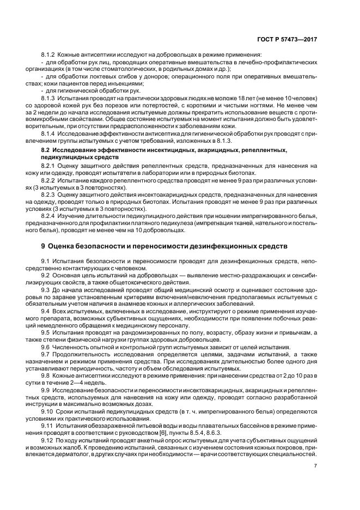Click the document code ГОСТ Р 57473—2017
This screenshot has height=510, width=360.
(x=289, y=40)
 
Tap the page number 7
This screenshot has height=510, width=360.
(x=316, y=466)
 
